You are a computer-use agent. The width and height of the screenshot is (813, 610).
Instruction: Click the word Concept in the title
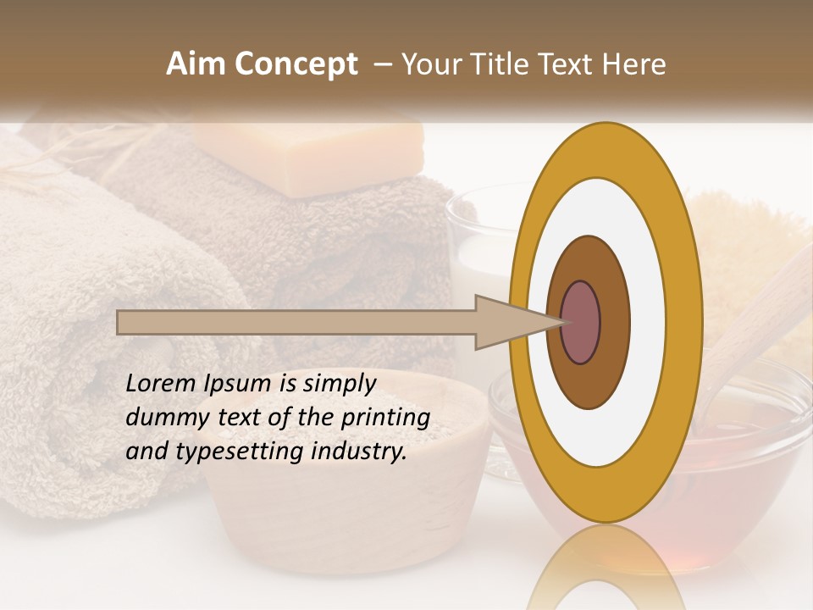coord(296,64)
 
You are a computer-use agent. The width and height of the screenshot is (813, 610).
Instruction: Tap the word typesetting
coord(241,452)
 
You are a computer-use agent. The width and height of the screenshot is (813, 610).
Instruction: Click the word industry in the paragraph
coord(359,451)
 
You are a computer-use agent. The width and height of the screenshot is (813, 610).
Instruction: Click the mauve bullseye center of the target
coord(581,323)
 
